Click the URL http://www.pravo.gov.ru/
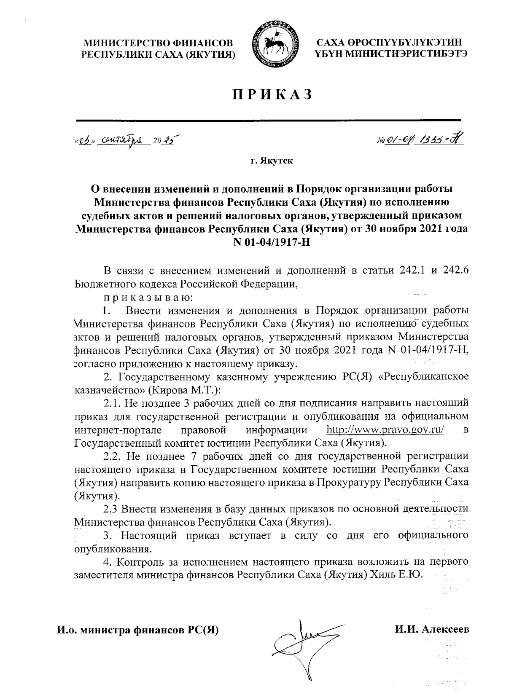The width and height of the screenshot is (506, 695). pyautogui.click(x=386, y=430)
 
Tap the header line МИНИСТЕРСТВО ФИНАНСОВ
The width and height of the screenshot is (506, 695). pyautogui.click(x=158, y=43)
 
